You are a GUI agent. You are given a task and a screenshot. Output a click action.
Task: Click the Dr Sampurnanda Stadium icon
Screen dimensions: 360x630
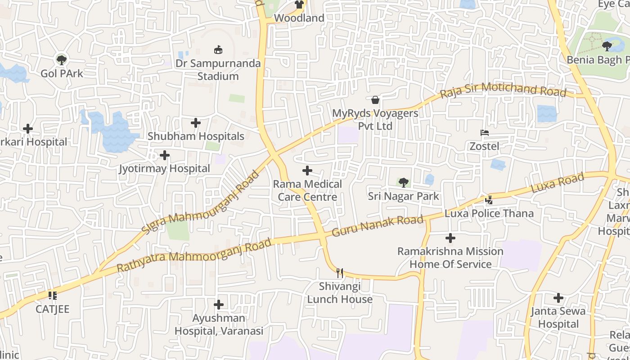pyautogui.click(x=218, y=49)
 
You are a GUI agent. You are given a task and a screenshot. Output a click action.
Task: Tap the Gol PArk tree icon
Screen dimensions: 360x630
pyautogui.click(x=61, y=59)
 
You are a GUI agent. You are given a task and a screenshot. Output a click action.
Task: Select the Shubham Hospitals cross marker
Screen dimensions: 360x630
pyautogui.click(x=196, y=122)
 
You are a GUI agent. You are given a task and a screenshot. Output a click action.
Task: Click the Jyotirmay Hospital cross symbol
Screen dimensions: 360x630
pyautogui.click(x=165, y=155)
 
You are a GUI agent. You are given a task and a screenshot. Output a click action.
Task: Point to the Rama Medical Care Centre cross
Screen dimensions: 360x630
pyautogui.click(x=307, y=171)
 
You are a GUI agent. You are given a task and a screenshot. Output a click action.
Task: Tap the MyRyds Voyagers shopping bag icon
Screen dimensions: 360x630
pyautogui.click(x=375, y=99)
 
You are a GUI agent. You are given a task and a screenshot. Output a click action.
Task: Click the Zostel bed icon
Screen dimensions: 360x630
pyautogui.click(x=485, y=133)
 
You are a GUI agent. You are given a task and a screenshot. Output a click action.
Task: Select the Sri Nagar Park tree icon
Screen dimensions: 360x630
pyautogui.click(x=404, y=182)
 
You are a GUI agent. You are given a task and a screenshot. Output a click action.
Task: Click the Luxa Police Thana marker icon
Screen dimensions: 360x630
pyautogui.click(x=489, y=200)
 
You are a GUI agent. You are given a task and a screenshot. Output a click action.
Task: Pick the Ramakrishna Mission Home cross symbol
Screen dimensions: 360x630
pyautogui.click(x=450, y=238)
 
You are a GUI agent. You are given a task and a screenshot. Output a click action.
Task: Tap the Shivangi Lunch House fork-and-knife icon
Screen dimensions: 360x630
pyautogui.click(x=340, y=273)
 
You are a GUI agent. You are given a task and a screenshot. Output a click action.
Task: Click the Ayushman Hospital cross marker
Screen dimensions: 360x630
pyautogui.click(x=219, y=305)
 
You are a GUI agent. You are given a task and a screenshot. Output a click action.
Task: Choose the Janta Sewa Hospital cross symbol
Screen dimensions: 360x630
pyautogui.click(x=558, y=297)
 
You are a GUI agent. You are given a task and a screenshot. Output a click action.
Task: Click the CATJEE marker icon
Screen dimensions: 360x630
pyautogui.click(x=53, y=296)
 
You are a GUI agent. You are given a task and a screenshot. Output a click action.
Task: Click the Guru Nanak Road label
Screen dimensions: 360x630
pyautogui.click(x=378, y=226)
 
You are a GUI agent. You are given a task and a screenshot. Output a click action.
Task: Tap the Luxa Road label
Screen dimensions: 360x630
pyautogui.click(x=558, y=183)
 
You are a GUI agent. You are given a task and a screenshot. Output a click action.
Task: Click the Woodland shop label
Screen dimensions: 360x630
pyautogui.click(x=299, y=18)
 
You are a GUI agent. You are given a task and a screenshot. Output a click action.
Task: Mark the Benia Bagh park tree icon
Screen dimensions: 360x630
pyautogui.click(x=607, y=46)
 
